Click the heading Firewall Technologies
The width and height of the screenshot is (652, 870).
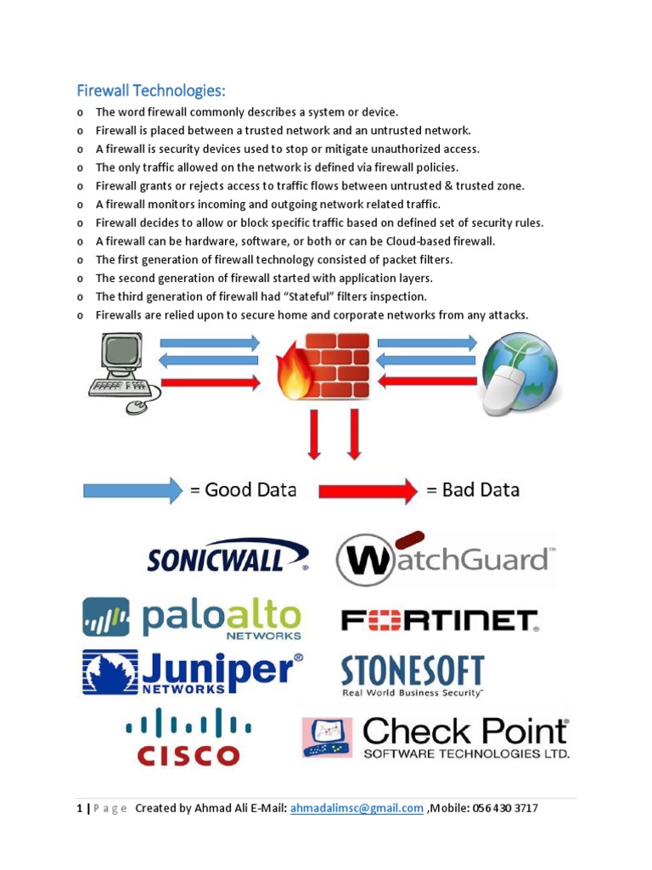pyautogui.click(x=152, y=90)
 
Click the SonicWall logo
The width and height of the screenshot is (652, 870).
pyautogui.click(x=227, y=556)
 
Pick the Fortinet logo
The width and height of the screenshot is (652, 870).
pyautogui.click(x=439, y=620)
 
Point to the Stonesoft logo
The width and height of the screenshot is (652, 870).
pyautogui.click(x=413, y=675)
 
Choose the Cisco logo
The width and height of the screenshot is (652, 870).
pyautogui.click(x=188, y=737)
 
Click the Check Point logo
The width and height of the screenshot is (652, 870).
pyautogui.click(x=436, y=737)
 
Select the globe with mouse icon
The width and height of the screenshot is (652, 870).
pyautogui.click(x=520, y=371)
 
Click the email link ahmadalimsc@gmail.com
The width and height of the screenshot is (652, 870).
pyautogui.click(x=357, y=808)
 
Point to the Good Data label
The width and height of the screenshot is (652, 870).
pyautogui.click(x=244, y=490)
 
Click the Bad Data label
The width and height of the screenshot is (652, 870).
pyautogui.click(x=473, y=490)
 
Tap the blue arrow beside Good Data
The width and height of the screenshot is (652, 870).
pyautogui.click(x=132, y=490)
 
